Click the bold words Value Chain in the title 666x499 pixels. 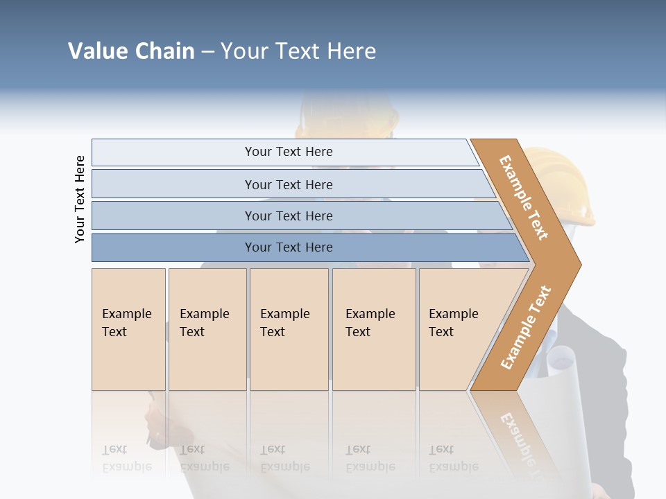(x=131, y=51)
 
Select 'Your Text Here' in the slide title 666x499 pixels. (x=298, y=51)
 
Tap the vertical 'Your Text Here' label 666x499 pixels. (x=80, y=199)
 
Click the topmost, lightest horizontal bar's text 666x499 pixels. (x=289, y=152)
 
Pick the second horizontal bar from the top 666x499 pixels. (x=289, y=184)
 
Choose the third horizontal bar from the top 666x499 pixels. (x=289, y=216)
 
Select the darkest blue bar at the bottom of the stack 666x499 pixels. (x=289, y=247)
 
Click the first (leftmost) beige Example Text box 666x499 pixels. (x=128, y=329)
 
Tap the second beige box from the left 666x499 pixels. (x=207, y=329)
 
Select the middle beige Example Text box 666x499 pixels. (x=289, y=329)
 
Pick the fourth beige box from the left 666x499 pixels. (x=374, y=329)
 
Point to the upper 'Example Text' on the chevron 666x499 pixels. (x=524, y=198)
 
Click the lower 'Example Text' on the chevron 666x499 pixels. (x=526, y=327)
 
